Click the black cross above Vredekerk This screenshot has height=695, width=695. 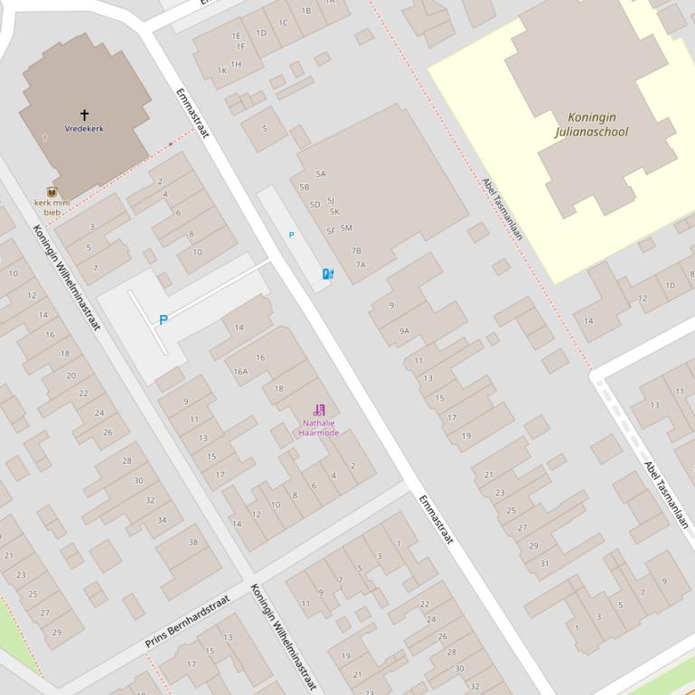point(84,115)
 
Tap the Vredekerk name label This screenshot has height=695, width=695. point(84,129)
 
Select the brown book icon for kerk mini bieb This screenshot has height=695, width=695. point(52,192)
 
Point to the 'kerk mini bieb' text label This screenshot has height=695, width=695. point(52,208)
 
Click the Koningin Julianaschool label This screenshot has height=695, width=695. point(592,125)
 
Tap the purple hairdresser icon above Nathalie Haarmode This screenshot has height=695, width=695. point(319,411)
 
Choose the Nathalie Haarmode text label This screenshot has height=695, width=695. point(319,428)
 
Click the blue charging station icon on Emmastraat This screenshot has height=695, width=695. point(327,273)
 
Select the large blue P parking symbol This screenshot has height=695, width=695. point(163,320)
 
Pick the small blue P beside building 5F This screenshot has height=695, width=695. point(291,235)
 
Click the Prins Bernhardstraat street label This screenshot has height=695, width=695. point(187,621)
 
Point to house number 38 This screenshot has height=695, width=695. point(193,542)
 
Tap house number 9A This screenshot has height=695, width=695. point(404,331)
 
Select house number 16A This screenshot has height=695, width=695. point(240,371)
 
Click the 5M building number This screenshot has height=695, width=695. point(346,228)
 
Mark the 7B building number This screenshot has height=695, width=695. point(356,251)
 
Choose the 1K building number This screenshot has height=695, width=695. point(222,70)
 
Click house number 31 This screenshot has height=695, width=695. point(544,563)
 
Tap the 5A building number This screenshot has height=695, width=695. point(320,174)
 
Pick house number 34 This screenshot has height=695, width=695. point(162,520)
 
